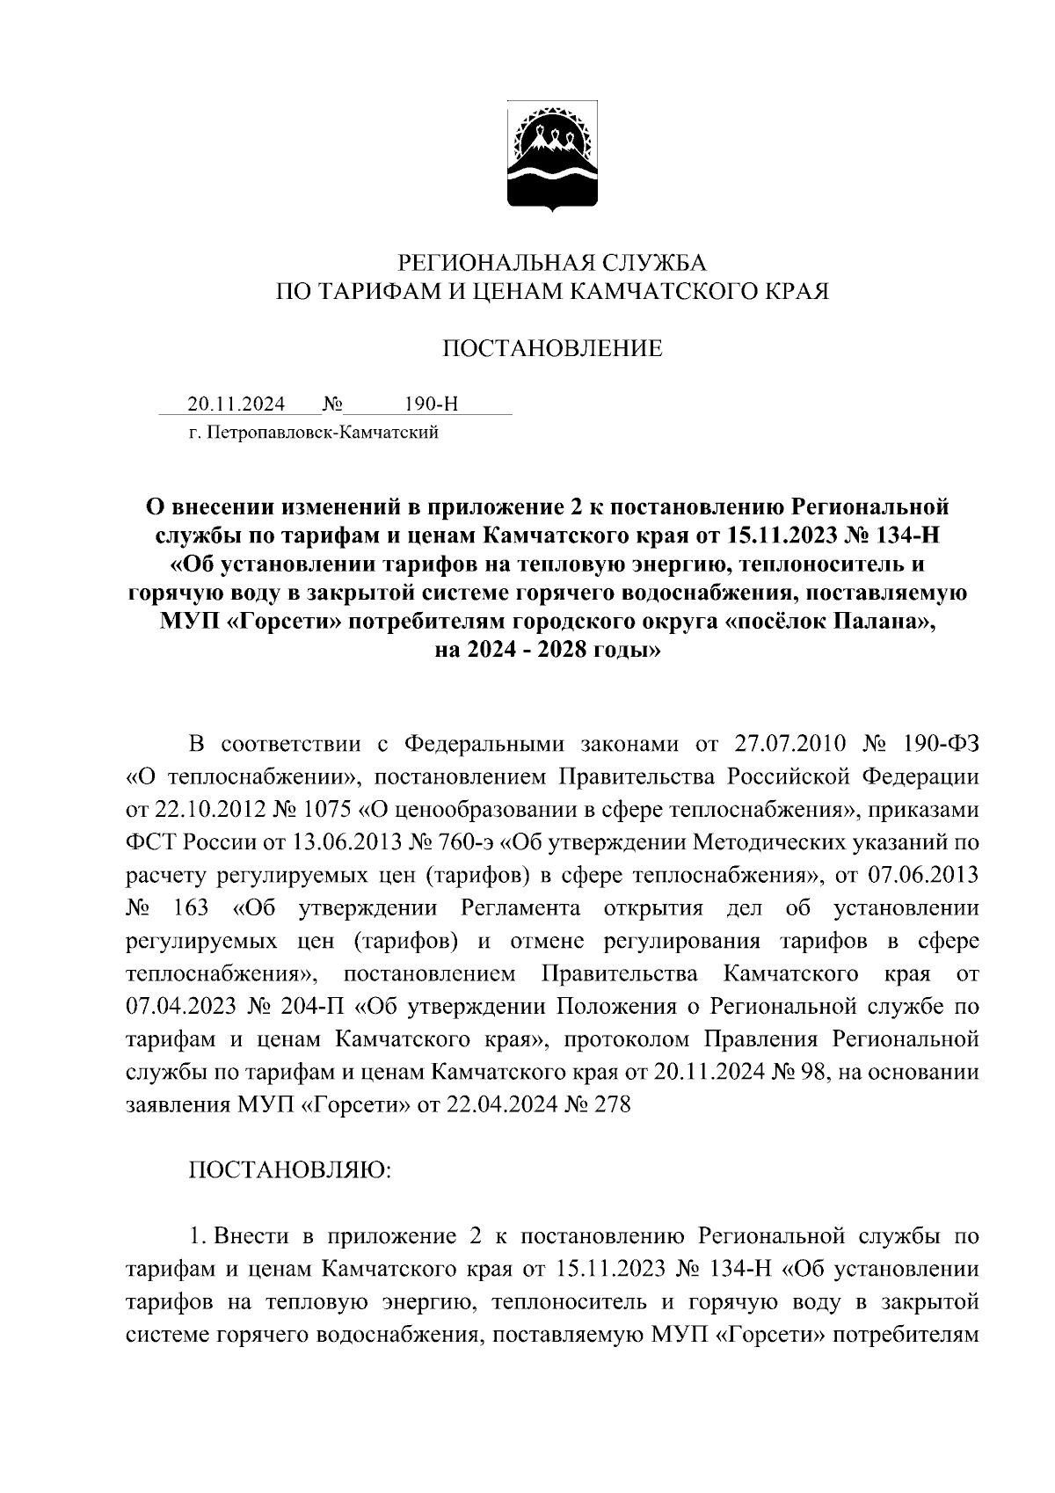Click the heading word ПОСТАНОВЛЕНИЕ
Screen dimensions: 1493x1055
click(x=551, y=350)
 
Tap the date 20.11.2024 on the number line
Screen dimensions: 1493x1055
click(x=236, y=404)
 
